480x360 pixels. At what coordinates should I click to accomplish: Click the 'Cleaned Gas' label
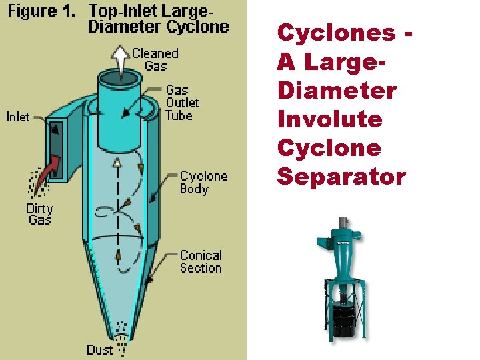coord(155,59)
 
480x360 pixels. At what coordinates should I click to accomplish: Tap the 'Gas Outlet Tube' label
coord(182,102)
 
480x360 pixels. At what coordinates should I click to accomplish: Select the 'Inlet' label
coord(18,117)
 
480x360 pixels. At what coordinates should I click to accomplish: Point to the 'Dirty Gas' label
coord(39,213)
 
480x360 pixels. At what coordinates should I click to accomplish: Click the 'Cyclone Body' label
coord(203,182)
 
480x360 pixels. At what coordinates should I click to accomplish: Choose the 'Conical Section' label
coord(201,261)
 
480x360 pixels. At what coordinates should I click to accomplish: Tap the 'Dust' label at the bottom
coord(99,349)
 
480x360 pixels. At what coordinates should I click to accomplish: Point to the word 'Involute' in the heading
coord(330,119)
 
